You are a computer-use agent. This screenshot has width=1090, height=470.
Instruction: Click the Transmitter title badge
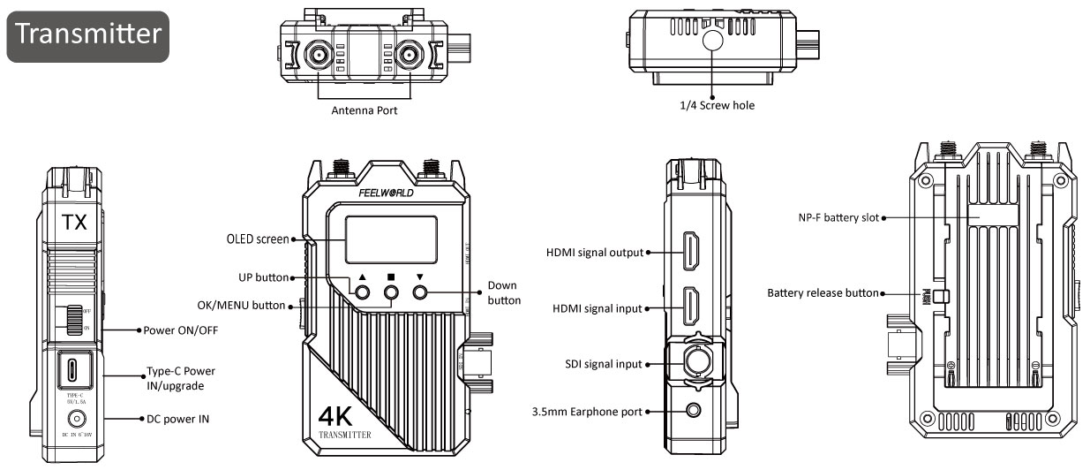88,36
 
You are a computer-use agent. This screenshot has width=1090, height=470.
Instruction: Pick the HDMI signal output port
689,251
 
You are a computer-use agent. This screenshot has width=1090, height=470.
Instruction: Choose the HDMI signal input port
689,308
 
